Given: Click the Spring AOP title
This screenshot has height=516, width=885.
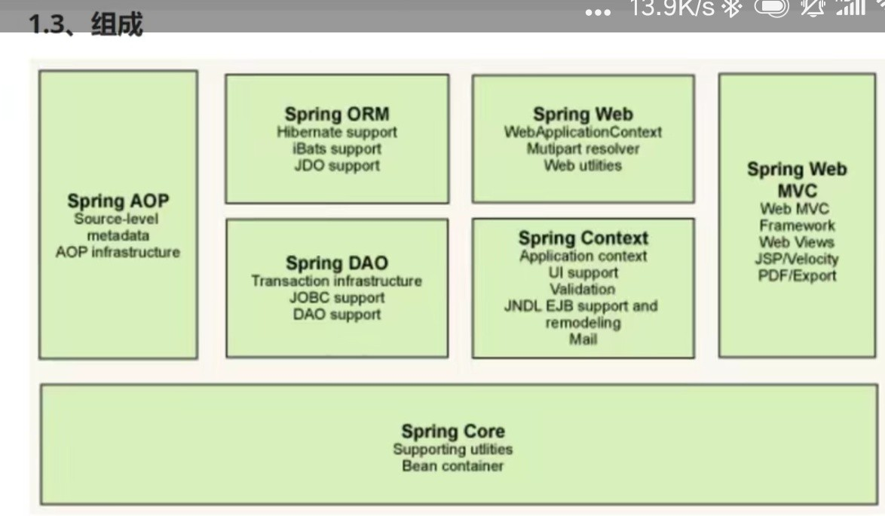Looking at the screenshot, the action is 118,201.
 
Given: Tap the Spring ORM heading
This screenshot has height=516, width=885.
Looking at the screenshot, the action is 337,114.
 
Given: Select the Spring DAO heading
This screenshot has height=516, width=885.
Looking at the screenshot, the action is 337,263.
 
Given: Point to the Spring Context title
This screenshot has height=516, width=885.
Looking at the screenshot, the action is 583,238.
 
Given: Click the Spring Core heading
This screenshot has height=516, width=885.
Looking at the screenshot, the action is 452,432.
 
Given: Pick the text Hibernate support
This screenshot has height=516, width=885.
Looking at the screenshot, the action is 337,132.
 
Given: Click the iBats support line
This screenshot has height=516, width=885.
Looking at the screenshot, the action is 337,149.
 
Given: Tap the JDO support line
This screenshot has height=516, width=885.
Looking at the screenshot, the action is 337,165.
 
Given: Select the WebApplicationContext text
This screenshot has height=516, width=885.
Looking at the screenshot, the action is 583,132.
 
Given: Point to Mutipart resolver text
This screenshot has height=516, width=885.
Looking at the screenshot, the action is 583,149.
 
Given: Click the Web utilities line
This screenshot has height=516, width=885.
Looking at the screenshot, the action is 583,165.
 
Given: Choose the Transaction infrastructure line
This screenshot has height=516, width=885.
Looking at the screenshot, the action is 337,281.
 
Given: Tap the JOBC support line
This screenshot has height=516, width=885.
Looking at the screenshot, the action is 337,298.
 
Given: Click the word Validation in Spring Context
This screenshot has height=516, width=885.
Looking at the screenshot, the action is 583,290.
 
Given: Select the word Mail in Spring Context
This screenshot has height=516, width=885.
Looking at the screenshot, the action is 583,339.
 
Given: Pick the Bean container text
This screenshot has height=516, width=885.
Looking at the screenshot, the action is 452,466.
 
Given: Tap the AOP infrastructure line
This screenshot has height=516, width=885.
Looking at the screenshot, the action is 118,252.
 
